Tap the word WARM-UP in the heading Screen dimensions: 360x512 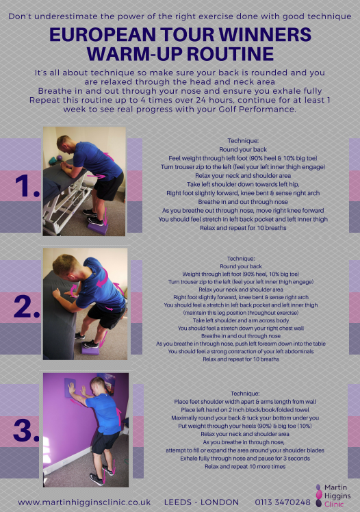(129, 54)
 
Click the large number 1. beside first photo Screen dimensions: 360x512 (27, 185)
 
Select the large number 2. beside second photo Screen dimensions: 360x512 (27, 307)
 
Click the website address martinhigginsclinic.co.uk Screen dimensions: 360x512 (84, 502)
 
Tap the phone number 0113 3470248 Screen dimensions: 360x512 (283, 502)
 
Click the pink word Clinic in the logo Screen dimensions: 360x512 (334, 504)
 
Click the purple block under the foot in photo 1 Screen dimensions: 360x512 (98, 227)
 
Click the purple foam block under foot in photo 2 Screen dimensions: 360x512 (90, 350)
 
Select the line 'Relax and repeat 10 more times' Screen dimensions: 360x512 (245, 467)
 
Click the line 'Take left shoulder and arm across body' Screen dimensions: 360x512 (241, 320)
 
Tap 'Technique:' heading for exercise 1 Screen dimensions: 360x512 (243, 141)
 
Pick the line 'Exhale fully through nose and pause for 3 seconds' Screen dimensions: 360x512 (245, 459)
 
